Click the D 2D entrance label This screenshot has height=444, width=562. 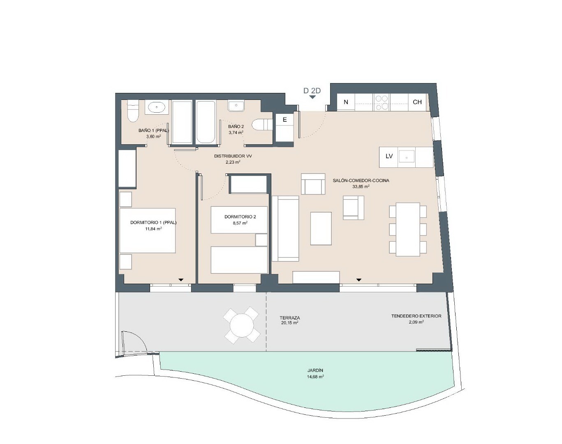tap(312, 90)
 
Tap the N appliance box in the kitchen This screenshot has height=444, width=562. tap(346, 102)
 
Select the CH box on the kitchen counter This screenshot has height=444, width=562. tap(417, 102)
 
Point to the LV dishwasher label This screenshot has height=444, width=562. tap(389, 156)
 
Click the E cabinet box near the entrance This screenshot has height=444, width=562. tap(284, 120)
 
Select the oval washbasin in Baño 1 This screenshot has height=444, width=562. tap(157, 107)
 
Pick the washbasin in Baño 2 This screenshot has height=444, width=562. tap(236, 106)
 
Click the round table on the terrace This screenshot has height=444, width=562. tap(242, 325)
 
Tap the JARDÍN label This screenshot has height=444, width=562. tap(315, 370)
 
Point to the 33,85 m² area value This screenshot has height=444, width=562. tap(361, 187)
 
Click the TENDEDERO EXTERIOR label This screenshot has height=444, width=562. tap(416, 316)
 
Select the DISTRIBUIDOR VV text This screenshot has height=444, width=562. tap(233, 156)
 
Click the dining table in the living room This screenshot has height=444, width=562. tap(408, 229)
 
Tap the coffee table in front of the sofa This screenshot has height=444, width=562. tap(321, 229)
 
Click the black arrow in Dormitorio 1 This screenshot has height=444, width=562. tap(181, 280)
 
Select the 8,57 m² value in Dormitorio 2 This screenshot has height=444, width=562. tap(240, 223)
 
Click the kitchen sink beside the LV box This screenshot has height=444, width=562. tap(406, 157)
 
